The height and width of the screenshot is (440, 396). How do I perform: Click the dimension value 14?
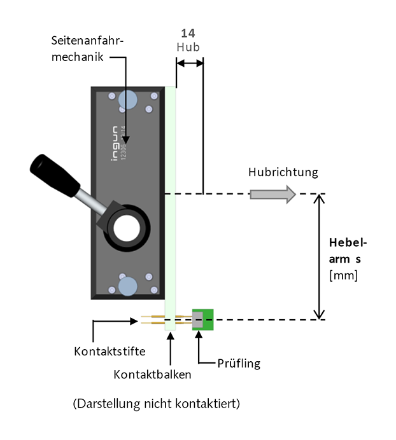tap(188, 33)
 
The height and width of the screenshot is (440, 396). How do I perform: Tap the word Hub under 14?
tap(188, 47)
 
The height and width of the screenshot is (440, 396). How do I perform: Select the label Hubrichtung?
tap(283, 172)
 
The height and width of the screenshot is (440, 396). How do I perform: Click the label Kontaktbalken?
tap(152, 375)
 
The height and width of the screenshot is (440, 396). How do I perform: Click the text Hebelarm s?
tap(348, 251)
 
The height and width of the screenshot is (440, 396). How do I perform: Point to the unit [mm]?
tap(343, 275)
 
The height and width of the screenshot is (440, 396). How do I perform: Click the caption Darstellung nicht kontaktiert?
tap(156, 404)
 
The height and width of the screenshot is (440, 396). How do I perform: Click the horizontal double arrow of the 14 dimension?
tap(190, 62)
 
